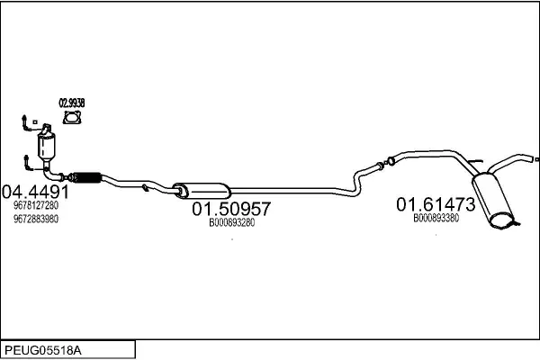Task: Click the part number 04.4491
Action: (35, 192)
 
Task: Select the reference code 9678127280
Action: (36, 205)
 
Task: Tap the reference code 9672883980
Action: (36, 219)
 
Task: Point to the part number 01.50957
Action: (231, 209)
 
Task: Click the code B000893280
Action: (232, 223)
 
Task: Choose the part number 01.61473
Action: (436, 204)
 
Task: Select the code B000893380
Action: (436, 218)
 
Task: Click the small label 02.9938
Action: (72, 103)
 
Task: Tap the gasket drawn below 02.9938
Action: (72, 117)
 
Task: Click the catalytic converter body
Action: (47, 145)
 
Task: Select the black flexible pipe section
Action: (86, 177)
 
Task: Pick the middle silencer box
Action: (202, 191)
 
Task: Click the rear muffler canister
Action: (493, 201)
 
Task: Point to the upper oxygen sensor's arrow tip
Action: (24, 116)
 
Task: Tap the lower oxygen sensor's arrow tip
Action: (26, 157)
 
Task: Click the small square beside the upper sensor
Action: (35, 122)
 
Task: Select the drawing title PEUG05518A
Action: (43, 350)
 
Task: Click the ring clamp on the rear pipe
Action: (391, 160)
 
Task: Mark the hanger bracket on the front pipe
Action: (145, 187)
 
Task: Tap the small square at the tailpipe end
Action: (537, 159)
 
